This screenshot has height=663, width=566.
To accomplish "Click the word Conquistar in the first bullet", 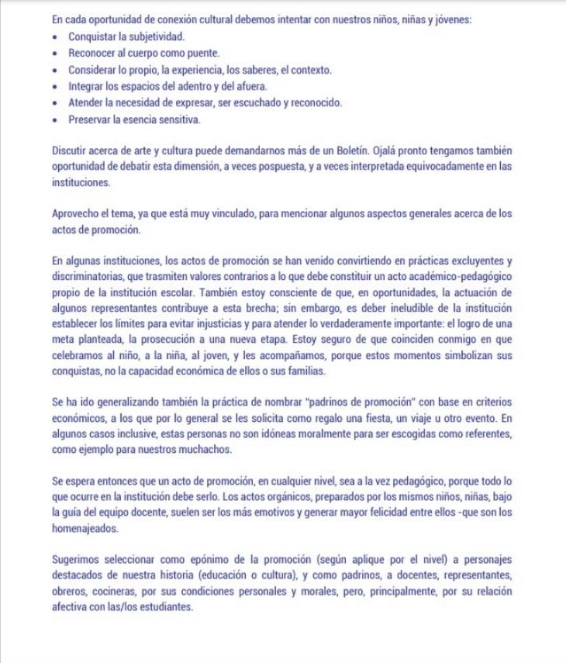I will tap(91, 36).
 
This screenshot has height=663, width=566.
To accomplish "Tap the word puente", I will tap(203, 53).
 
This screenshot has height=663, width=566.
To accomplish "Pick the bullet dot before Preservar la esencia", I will tap(56, 119).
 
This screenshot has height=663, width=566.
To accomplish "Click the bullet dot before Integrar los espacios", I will tap(56, 86).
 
